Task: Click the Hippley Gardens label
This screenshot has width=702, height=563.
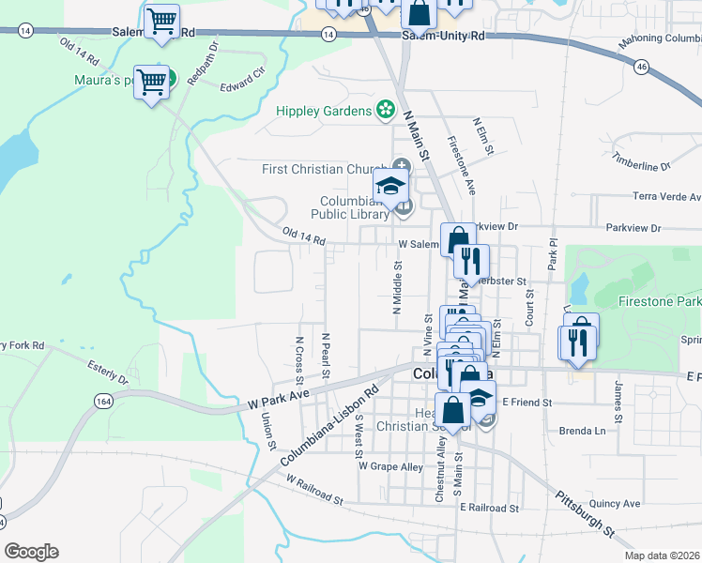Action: pyautogui.click(x=324, y=112)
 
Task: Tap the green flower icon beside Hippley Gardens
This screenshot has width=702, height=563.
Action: pyautogui.click(x=384, y=111)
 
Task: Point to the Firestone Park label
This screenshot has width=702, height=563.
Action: pyautogui.click(x=660, y=302)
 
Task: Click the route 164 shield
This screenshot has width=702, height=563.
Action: pyautogui.click(x=99, y=401)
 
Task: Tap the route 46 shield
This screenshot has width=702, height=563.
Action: pyautogui.click(x=641, y=67)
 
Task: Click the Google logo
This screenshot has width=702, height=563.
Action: pyautogui.click(x=31, y=552)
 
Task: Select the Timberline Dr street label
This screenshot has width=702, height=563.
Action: pyautogui.click(x=641, y=160)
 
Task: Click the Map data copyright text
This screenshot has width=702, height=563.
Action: pyautogui.click(x=663, y=555)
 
